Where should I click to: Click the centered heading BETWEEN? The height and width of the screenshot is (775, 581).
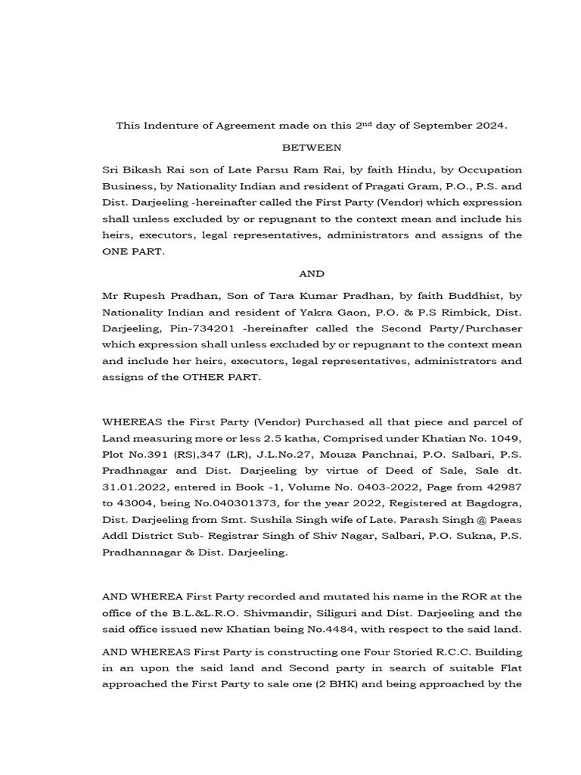click(x=312, y=147)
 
